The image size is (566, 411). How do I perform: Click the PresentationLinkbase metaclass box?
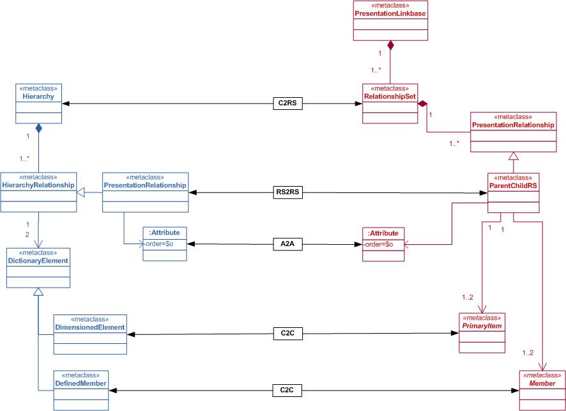click(x=390, y=20)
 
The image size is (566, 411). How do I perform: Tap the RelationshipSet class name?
click(x=390, y=97)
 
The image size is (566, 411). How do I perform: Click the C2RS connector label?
click(x=282, y=103)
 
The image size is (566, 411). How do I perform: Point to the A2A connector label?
click(x=282, y=244)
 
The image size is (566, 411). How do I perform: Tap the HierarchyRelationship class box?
click(x=39, y=191)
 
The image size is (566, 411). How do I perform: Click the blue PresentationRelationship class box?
click(x=146, y=191)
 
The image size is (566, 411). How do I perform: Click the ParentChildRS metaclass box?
click(x=512, y=193)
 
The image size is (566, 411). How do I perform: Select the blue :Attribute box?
click(x=165, y=244)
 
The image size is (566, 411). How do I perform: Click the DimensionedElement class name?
click(x=89, y=327)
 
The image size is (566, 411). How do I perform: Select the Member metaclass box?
click(x=542, y=390)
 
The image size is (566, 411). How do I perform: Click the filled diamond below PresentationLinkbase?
click(x=390, y=45)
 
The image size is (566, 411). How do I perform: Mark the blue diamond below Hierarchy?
click(x=39, y=128)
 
